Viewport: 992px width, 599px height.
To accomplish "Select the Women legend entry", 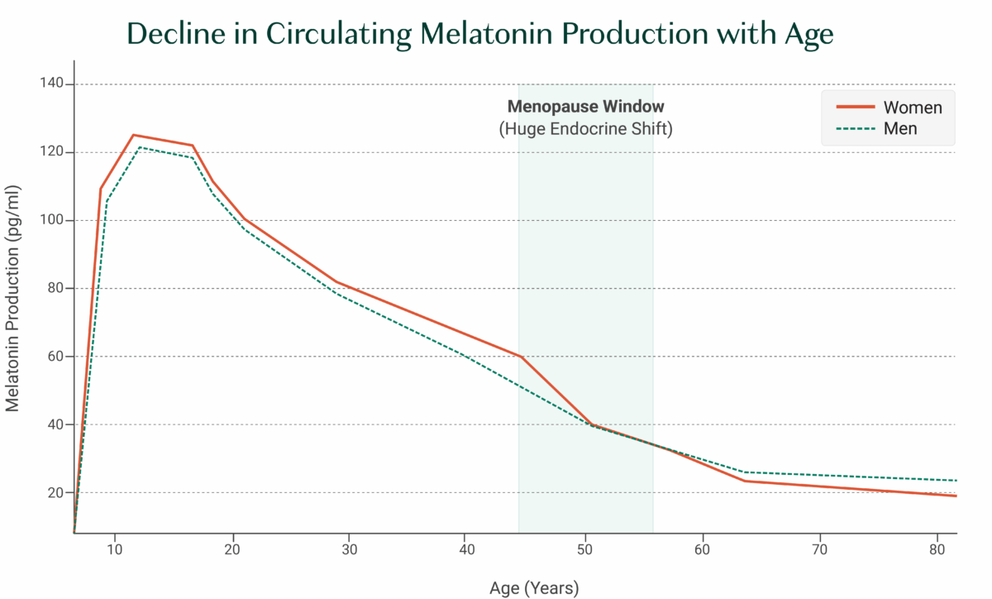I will click(x=912, y=108).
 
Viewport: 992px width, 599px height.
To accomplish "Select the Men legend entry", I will click(x=899, y=129).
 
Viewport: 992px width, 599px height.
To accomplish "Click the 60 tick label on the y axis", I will click(x=55, y=357).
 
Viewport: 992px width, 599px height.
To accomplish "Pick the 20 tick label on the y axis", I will click(x=55, y=492).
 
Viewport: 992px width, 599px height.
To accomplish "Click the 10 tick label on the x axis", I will click(x=114, y=549).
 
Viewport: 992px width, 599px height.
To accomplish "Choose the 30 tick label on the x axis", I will click(x=350, y=549).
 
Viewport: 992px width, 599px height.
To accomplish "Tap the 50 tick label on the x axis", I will click(x=584, y=549).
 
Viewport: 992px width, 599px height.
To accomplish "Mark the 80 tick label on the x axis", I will click(x=937, y=549).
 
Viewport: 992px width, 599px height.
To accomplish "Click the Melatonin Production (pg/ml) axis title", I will click(x=13, y=308).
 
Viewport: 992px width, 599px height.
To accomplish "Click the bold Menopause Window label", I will click(x=585, y=107).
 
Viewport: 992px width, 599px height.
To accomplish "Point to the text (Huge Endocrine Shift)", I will click(x=585, y=129).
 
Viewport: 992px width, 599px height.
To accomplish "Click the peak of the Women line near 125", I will click(x=133, y=135).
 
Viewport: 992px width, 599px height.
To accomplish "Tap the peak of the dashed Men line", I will click(x=139, y=147).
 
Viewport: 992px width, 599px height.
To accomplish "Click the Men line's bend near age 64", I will click(x=745, y=472).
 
